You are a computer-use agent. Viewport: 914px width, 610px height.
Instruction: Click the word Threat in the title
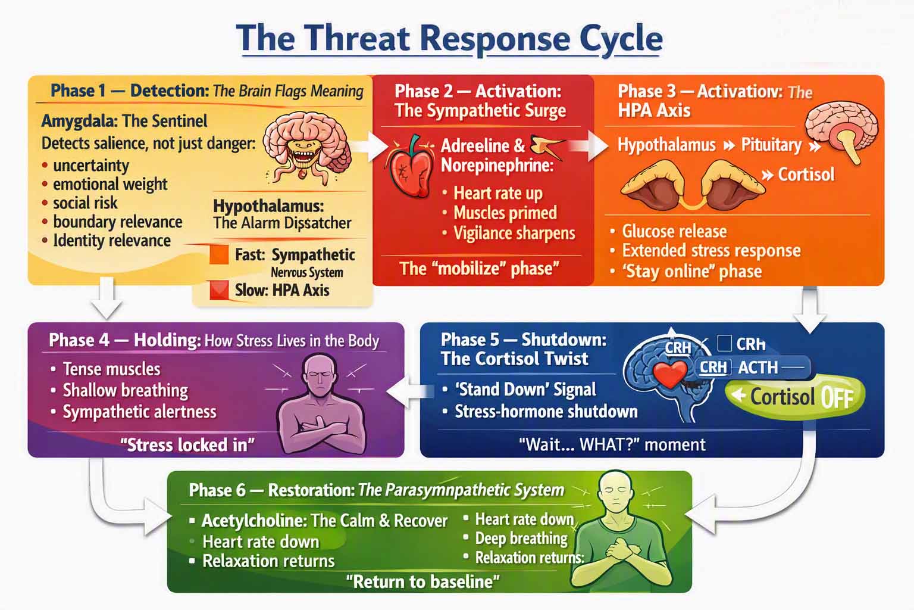point(358,38)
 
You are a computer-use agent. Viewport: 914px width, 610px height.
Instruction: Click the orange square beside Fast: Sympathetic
point(219,254)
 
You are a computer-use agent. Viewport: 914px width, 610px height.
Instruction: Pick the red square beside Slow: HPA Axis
point(219,290)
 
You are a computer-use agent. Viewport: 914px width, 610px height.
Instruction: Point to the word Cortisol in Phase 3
point(806,175)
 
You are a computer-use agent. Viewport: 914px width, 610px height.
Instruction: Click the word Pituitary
point(771,145)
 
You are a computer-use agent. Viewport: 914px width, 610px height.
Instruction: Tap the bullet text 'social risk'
point(85,203)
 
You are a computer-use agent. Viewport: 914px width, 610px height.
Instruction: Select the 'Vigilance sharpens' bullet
point(514,234)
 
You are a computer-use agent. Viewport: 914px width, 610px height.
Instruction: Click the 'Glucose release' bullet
point(674,231)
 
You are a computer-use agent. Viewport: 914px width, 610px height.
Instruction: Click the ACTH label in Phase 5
point(758,368)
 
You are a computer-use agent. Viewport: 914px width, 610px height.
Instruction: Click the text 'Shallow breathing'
point(126,391)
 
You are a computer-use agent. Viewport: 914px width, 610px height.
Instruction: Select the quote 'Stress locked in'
point(187,444)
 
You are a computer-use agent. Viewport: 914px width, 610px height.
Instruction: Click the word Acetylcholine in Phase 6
point(254,521)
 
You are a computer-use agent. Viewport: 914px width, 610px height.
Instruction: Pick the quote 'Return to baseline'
point(422,581)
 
